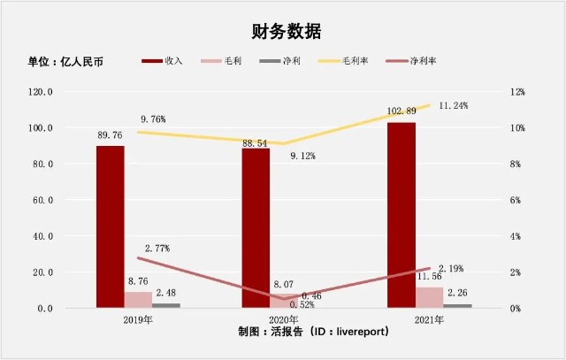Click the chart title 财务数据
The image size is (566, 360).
point(287,32)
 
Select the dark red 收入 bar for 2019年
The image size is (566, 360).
point(110,226)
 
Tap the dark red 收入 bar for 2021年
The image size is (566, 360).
point(402,215)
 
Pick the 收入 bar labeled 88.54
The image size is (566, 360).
point(256,228)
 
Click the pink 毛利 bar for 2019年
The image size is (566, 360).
point(138,300)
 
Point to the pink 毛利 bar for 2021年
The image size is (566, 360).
point(429,297)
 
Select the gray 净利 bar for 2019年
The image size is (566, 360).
point(166,305)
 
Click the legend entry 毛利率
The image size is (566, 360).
point(342,61)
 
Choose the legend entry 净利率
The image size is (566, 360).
point(410,61)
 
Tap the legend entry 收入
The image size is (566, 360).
point(162,61)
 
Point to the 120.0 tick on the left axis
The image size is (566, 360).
point(41,92)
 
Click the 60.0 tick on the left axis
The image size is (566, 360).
point(43,200)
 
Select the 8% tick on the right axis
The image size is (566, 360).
point(516,164)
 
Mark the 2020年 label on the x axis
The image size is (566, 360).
point(283,320)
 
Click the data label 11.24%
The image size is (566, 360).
point(454,105)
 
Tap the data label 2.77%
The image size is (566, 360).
point(157,249)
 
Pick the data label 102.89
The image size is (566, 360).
point(402,111)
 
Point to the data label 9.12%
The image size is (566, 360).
point(302,156)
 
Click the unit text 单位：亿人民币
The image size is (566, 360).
point(65,61)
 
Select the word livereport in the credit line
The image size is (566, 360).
point(361,331)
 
